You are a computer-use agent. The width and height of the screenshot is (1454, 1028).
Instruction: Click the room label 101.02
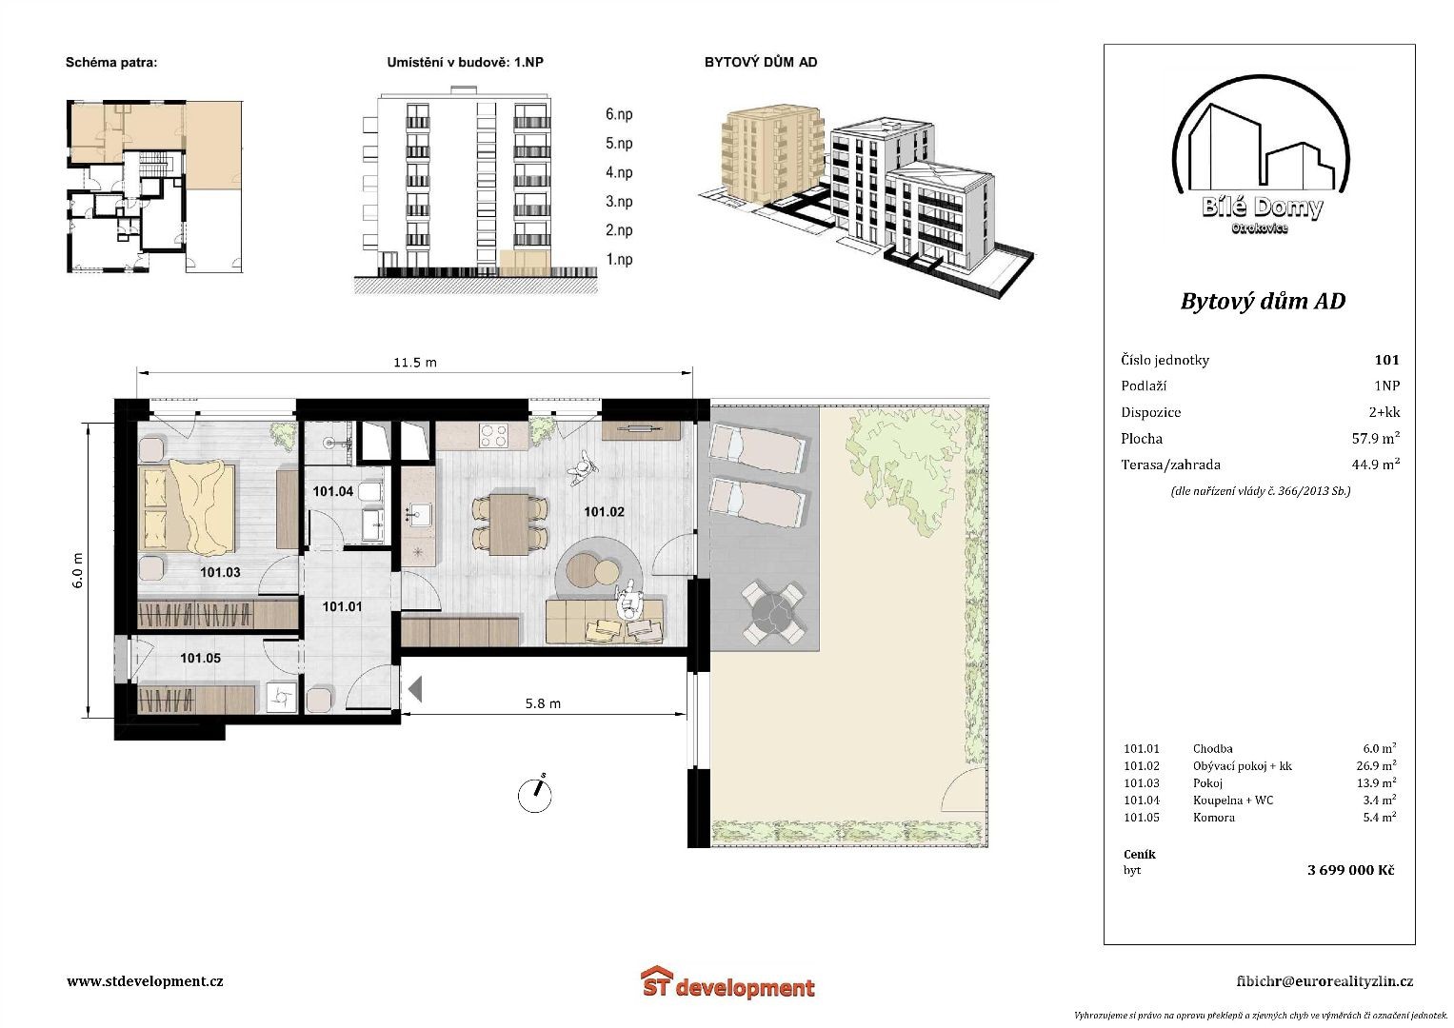coord(604,512)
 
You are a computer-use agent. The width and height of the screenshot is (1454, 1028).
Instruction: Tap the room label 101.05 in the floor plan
coord(200,658)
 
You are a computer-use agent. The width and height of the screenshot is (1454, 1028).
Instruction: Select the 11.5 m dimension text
coord(415,362)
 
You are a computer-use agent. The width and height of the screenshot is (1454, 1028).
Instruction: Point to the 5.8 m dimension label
coord(543,703)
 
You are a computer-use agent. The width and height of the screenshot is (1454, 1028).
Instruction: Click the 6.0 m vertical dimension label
coord(77,570)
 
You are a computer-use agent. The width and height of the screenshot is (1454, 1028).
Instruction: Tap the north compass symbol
coord(535,794)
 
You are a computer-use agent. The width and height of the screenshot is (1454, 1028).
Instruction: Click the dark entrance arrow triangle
coord(415,688)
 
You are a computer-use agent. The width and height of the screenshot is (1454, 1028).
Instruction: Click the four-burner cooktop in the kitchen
coord(494,435)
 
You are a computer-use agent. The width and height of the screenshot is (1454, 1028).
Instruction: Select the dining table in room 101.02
coord(508,524)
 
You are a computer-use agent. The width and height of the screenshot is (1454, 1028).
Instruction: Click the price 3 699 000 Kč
coord(1350,870)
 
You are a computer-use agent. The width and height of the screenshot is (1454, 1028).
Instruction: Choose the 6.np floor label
coord(619,114)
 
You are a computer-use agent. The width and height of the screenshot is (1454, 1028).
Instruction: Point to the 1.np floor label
coord(619,260)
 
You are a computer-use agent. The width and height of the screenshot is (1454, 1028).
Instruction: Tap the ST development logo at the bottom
coord(727,982)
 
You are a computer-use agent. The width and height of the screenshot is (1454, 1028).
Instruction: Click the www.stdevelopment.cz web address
coord(145,981)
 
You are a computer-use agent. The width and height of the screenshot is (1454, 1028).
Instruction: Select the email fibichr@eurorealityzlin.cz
coord(1325,981)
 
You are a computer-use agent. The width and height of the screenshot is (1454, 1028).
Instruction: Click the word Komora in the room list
coord(1213,818)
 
